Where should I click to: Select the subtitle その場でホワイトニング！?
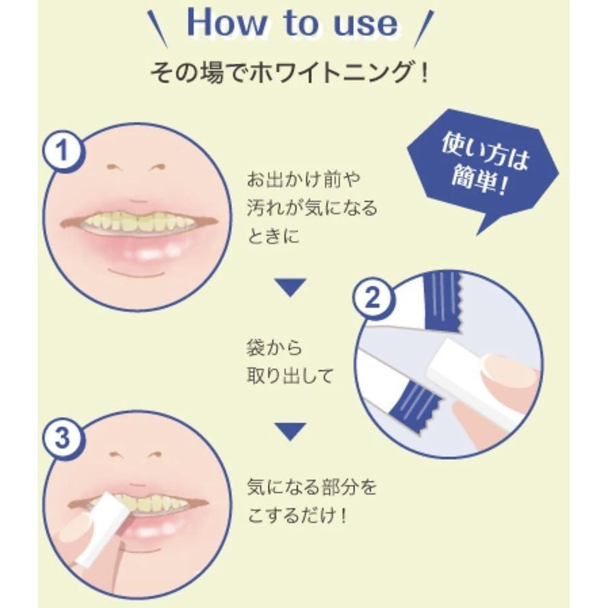click(x=289, y=72)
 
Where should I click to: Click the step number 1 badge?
click(x=63, y=150)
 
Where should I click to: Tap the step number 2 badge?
click(x=373, y=297)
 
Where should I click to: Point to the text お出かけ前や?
click(x=303, y=180)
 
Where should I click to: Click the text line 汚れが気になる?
click(x=312, y=208)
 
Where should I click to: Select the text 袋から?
click(x=275, y=347)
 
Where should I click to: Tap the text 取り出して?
click(x=290, y=376)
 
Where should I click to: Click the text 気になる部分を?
click(x=312, y=487)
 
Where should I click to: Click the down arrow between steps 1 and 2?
click(x=291, y=288)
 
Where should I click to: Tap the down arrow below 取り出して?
click(x=291, y=432)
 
